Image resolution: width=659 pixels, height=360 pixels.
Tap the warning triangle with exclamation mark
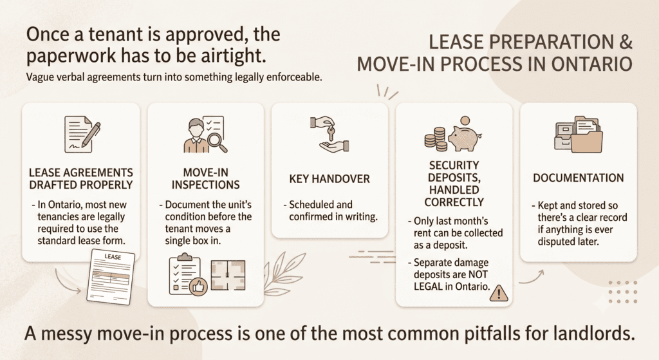(x=499, y=293)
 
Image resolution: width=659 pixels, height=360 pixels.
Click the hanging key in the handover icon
(x=331, y=133)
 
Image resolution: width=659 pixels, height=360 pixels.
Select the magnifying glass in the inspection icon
(x=218, y=142)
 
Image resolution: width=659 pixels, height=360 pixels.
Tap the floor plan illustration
(x=228, y=276)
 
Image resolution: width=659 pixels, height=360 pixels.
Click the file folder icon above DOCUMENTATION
(x=579, y=134)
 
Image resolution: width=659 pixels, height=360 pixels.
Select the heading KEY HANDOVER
(x=329, y=179)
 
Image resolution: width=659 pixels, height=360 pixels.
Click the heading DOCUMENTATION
(x=579, y=178)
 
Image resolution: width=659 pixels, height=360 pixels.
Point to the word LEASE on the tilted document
(x=113, y=257)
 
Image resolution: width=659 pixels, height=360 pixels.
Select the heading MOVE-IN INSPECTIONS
(x=205, y=179)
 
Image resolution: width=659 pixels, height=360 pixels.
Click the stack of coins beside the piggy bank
(x=435, y=140)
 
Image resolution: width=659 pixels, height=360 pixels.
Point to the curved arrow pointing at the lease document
(x=67, y=282)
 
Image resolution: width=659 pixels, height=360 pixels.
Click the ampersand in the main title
(x=624, y=42)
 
